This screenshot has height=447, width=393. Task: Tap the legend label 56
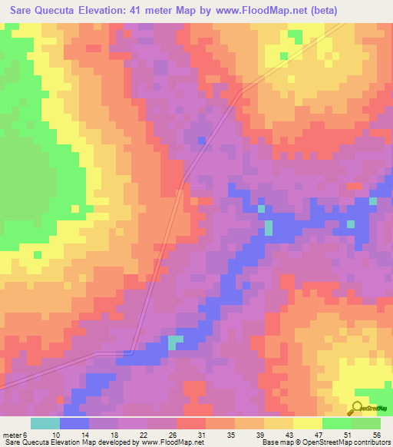(x=376, y=435)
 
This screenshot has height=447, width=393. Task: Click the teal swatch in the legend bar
(x=45, y=423)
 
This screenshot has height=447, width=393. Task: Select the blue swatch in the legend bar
(x=74, y=423)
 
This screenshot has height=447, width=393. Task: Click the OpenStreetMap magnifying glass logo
(x=358, y=409)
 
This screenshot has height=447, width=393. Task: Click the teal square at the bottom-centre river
(x=176, y=341)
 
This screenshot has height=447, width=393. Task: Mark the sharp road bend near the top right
(x=242, y=92)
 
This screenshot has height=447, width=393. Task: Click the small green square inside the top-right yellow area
(x=284, y=56)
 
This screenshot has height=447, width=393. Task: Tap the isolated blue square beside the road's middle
(x=201, y=140)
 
